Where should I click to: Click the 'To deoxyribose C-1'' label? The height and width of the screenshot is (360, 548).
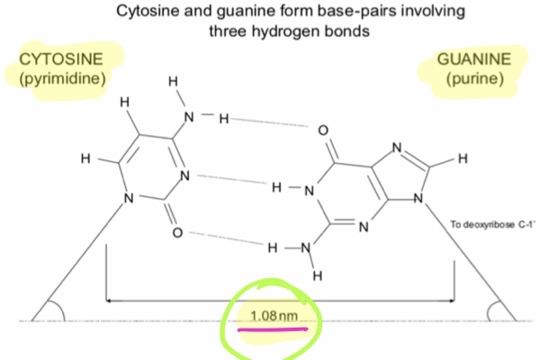(x=494, y=222)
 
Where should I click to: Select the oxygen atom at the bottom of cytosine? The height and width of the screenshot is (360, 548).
(x=177, y=233)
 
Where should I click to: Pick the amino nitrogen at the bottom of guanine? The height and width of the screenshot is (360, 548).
(x=304, y=247)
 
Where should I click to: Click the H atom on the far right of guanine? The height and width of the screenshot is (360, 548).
(x=462, y=159)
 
